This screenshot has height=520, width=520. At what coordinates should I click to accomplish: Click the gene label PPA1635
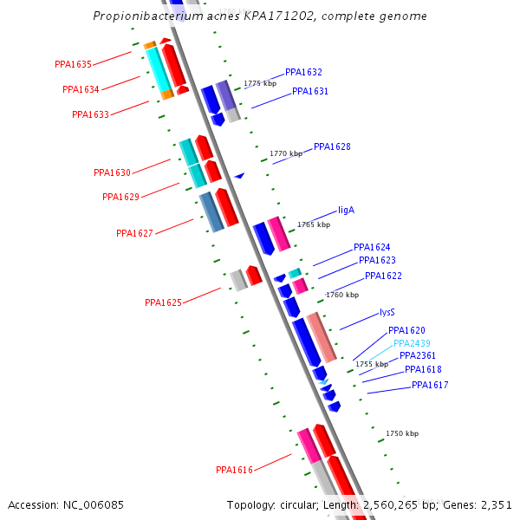pos(73,64)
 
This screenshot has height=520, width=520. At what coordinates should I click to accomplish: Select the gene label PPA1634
pos(81,89)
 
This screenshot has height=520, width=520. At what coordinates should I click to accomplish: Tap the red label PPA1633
pos(90,114)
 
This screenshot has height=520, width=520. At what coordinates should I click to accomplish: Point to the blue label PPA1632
pos(303,73)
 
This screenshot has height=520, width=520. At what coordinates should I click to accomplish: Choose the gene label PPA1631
pos(310,92)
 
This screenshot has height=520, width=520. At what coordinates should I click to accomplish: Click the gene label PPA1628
pos(332,147)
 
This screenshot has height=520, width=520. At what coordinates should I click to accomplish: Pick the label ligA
pos(346,211)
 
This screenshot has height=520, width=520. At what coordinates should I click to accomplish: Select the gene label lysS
pos(387,312)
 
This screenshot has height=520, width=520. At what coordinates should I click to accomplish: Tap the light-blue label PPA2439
pos(412,344)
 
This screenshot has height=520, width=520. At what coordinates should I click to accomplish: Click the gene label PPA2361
pos(418,356)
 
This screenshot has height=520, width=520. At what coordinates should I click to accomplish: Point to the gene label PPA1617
pos(430,386)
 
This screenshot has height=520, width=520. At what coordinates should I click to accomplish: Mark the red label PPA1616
pos(234,471)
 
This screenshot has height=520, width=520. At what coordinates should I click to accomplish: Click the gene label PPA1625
pos(163,303)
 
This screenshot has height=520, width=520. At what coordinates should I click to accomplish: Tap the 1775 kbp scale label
pos(259,84)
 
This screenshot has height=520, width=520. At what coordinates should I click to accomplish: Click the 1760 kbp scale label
pos(341,296)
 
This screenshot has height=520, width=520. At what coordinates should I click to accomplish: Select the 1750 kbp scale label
pos(401,433)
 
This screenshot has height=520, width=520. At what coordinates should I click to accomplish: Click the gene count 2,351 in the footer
pos(495,504)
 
